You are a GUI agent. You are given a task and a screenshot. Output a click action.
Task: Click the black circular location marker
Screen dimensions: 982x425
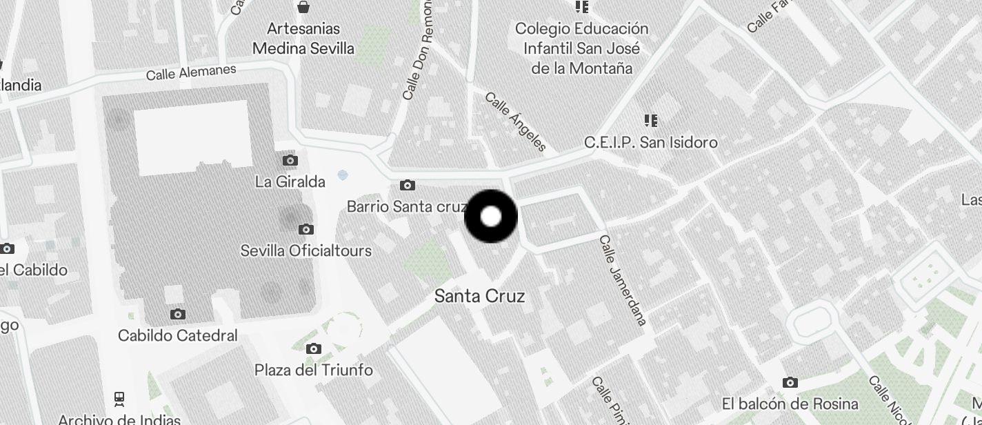pyautogui.click(x=491, y=217)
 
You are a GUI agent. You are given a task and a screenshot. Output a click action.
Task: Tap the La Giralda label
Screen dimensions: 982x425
pyautogui.click(x=290, y=182)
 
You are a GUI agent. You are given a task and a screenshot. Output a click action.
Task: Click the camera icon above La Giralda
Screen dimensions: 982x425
pyautogui.click(x=290, y=161)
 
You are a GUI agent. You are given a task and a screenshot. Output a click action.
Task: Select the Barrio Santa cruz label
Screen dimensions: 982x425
pyautogui.click(x=407, y=206)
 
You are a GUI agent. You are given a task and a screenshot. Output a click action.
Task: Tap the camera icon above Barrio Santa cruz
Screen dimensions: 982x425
pyautogui.click(x=408, y=185)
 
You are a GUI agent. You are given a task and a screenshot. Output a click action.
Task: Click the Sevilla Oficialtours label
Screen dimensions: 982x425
pyautogui.click(x=305, y=250)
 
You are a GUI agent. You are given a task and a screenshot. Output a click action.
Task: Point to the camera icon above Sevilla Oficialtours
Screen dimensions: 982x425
pyautogui.click(x=306, y=229)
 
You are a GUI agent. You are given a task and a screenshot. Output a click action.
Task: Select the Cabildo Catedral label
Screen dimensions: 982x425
pyautogui.click(x=177, y=336)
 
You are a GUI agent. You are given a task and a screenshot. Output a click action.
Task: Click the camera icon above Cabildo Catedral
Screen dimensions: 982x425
pyautogui.click(x=177, y=315)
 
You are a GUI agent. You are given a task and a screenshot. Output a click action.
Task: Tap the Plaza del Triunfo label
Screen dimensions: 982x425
pyautogui.click(x=313, y=370)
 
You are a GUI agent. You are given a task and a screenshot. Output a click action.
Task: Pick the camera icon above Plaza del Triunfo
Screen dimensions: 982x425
pyautogui.click(x=314, y=348)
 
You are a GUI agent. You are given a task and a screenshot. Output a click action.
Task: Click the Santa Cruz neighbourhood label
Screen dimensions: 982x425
pyautogui.click(x=479, y=296)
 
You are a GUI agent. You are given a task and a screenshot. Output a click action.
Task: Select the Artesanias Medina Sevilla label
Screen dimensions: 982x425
pyautogui.click(x=303, y=39)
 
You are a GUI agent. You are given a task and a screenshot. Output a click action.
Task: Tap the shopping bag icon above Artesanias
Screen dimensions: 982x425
pyautogui.click(x=303, y=8)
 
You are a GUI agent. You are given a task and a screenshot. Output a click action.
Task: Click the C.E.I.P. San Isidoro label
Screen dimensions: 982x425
pyautogui.click(x=650, y=142)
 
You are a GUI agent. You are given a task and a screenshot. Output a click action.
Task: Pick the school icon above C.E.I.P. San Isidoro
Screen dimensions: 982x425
pyautogui.click(x=650, y=121)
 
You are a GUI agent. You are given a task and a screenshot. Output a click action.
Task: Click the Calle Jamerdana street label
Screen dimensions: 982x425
pyautogui.click(x=622, y=280)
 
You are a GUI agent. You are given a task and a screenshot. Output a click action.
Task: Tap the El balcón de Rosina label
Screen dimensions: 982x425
pyautogui.click(x=790, y=404)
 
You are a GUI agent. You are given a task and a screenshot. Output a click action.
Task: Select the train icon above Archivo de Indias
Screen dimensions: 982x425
pyautogui.click(x=119, y=399)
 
